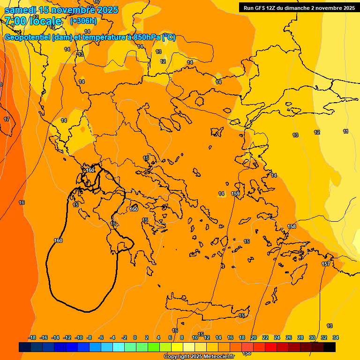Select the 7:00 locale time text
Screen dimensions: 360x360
coord(33,21)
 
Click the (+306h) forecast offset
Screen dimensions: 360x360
coord(83,21)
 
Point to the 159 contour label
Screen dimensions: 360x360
coord(235,194)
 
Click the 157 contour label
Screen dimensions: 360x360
coord(326,264)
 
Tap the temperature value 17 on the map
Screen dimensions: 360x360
coord(7,120)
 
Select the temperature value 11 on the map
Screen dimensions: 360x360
coord(346,131)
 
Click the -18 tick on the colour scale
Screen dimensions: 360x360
coord(32,337)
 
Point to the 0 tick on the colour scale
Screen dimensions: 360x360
coord(135,337)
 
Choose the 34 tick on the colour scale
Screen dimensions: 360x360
coord(335,337)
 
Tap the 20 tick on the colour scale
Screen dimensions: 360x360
coord(253,337)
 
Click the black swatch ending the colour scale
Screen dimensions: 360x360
coord(330,347)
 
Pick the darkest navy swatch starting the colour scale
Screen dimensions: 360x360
coord(25,347)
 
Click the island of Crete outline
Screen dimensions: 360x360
coord(206,313)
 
